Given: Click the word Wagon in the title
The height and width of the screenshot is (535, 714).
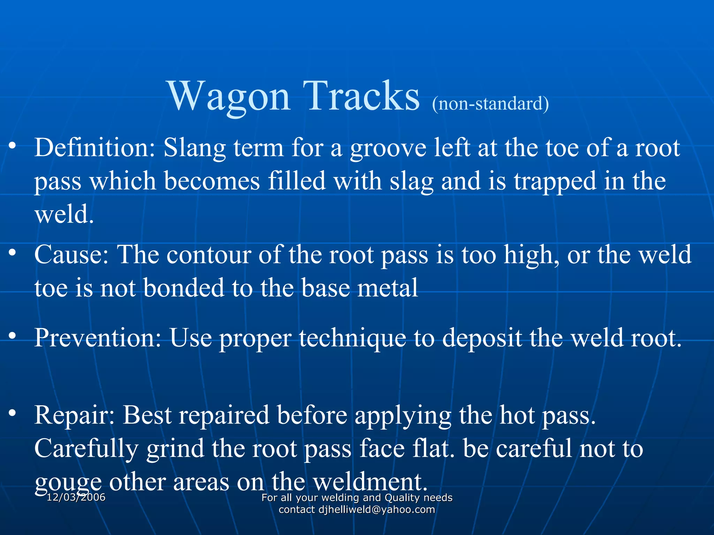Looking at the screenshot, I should [x=229, y=96].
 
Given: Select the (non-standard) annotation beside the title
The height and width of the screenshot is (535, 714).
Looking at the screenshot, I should [x=490, y=104].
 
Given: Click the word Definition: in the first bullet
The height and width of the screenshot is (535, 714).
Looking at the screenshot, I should [x=95, y=148].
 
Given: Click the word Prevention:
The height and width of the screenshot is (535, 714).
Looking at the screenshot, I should [x=98, y=338].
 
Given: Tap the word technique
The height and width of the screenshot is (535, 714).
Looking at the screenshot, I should [x=352, y=338].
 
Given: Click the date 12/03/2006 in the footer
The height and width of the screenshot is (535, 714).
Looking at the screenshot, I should [x=76, y=497].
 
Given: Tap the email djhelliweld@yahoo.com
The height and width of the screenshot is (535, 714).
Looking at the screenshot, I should [x=377, y=510].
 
